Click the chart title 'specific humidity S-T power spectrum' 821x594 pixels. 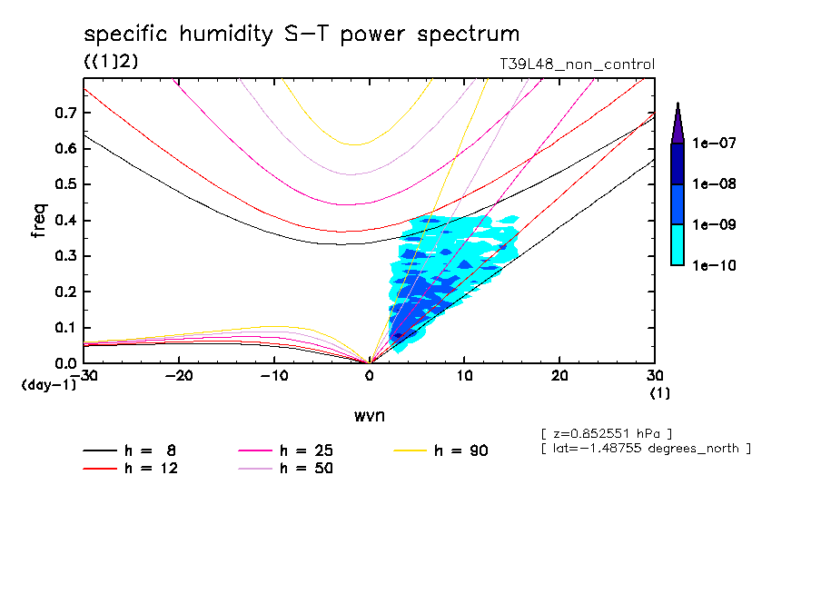coord(302,35)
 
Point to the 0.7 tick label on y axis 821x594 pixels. coord(65,113)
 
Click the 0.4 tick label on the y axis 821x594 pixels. coord(65,221)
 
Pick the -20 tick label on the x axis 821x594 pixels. coord(179,375)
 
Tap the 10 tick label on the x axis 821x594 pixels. coord(464,375)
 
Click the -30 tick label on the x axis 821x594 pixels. coord(84,375)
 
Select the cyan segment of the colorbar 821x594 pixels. coord(678,245)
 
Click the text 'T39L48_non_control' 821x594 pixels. coord(577,64)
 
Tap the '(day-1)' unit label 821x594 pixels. coord(48,384)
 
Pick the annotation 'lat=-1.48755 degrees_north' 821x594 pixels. coord(645,448)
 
